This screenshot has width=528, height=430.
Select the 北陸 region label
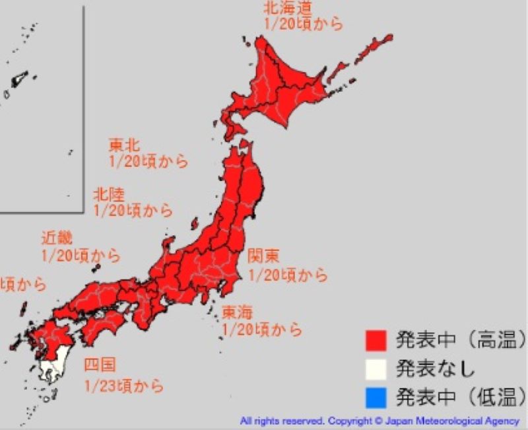[108, 194]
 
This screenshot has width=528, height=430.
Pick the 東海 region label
[236, 311]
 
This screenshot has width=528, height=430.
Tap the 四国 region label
[99, 365]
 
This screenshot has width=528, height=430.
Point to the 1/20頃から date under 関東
[288, 273]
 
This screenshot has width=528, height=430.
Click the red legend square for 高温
[374, 340]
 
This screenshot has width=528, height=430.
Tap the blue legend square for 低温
[374, 397]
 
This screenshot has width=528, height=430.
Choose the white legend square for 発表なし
[374, 369]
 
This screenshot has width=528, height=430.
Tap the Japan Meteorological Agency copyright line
[380, 421]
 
